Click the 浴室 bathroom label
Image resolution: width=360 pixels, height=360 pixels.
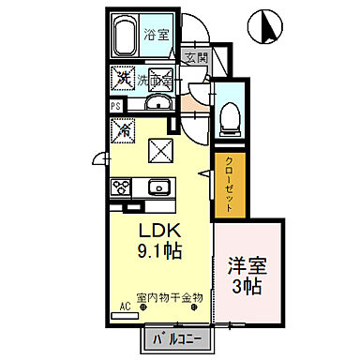tap(157, 35)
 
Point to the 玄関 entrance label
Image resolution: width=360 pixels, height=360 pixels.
tap(194, 58)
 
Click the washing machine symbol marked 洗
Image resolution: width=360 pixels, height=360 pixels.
tap(123, 79)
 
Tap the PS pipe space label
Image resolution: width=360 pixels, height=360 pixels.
tap(114, 105)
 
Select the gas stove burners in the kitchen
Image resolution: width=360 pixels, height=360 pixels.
tap(122, 185)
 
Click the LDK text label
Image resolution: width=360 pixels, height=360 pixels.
tap(160, 231)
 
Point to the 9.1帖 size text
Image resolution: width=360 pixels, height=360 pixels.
tap(160, 251)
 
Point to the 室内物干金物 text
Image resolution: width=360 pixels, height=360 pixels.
tap(169, 298)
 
